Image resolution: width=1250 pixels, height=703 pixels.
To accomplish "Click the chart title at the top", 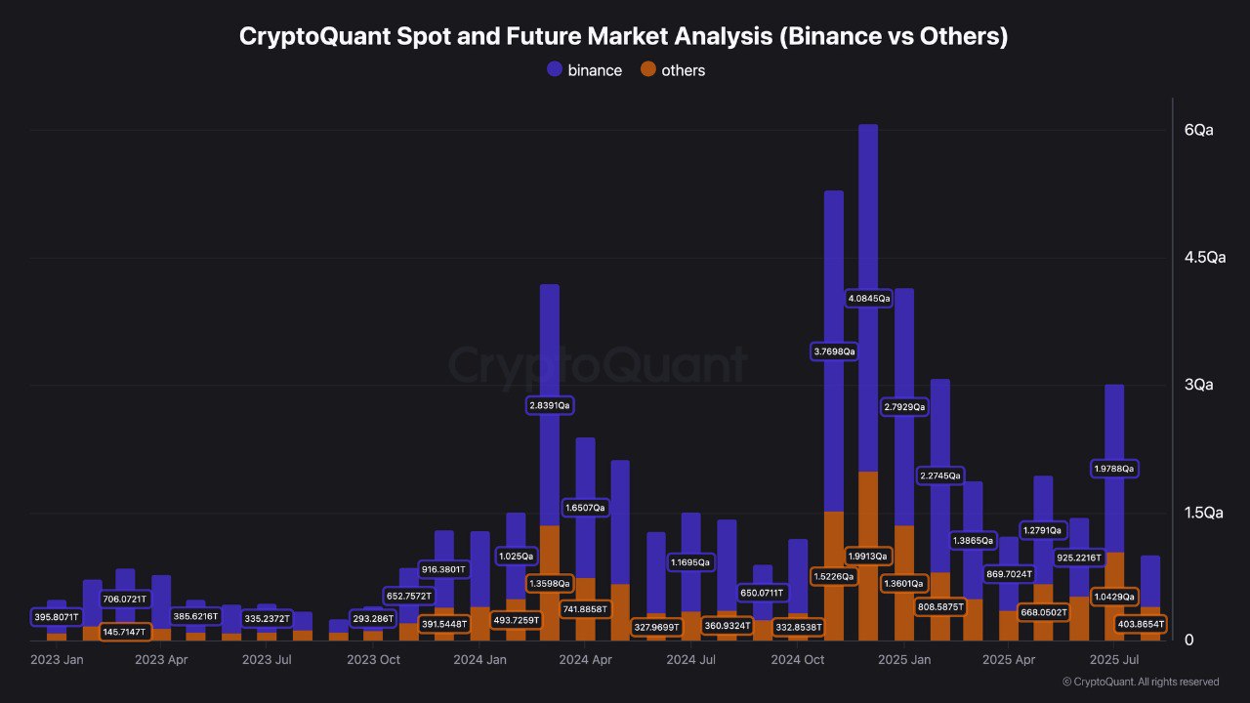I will click(624, 37).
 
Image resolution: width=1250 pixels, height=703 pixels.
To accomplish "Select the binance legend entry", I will click(585, 70).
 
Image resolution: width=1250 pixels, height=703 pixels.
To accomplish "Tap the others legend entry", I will click(672, 70).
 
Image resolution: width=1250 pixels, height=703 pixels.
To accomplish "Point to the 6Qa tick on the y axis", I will click(1198, 130).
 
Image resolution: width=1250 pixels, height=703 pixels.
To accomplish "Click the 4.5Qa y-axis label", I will click(1205, 258).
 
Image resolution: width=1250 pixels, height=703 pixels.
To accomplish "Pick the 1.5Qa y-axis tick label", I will click(1205, 513).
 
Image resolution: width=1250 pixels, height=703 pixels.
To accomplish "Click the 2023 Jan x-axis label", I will click(58, 660).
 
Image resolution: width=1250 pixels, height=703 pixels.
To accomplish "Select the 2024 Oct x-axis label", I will click(797, 660).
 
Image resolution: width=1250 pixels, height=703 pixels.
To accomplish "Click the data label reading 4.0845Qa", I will click(869, 298).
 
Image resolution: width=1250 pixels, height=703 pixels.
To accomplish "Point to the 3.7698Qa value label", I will click(834, 351).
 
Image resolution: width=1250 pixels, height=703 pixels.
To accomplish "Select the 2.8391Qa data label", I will click(549, 404).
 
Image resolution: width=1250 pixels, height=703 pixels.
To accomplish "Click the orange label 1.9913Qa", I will click(868, 556).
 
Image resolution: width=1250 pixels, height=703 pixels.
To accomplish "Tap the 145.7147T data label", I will click(126, 632).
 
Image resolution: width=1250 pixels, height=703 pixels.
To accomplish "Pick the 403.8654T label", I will click(1141, 623).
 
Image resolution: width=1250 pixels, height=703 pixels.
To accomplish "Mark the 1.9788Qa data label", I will click(1114, 469).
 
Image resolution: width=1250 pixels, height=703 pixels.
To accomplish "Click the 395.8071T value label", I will click(56, 617).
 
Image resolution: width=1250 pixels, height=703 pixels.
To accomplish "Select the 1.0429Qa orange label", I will click(1113, 596).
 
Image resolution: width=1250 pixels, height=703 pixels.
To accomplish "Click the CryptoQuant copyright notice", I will click(1141, 682).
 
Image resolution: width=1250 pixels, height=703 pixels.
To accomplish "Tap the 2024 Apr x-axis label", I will click(586, 660).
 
